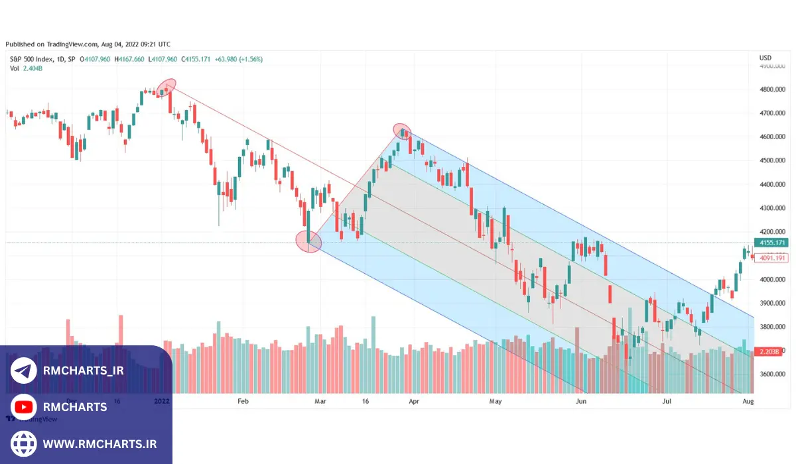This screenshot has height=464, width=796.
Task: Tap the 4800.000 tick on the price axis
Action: pyautogui.click(x=772, y=89)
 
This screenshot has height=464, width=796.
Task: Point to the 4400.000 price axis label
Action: pyautogui.click(x=772, y=184)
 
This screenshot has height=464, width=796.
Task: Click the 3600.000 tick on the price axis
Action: pyautogui.click(x=772, y=374)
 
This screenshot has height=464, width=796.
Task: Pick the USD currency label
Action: pyautogui.click(x=765, y=58)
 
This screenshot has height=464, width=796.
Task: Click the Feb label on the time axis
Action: pyautogui.click(x=243, y=401)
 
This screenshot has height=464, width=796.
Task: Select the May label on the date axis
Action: pyautogui.click(x=496, y=401)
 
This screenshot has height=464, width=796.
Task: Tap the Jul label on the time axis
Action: pyautogui.click(x=667, y=401)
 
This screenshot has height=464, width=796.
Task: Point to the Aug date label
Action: pyautogui.click(x=748, y=401)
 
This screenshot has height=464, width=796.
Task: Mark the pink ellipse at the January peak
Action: pyautogui.click(x=166, y=87)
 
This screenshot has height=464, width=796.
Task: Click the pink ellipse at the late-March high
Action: pyautogui.click(x=402, y=131)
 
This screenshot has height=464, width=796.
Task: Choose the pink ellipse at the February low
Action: pyautogui.click(x=308, y=243)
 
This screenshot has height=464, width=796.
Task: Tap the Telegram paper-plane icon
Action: pyautogui.click(x=24, y=371)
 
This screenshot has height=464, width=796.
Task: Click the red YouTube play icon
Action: pyautogui.click(x=24, y=406)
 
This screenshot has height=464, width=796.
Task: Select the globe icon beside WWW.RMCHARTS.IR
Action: pyautogui.click(x=24, y=443)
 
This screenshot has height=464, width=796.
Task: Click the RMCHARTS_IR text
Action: pyautogui.click(x=83, y=371)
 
